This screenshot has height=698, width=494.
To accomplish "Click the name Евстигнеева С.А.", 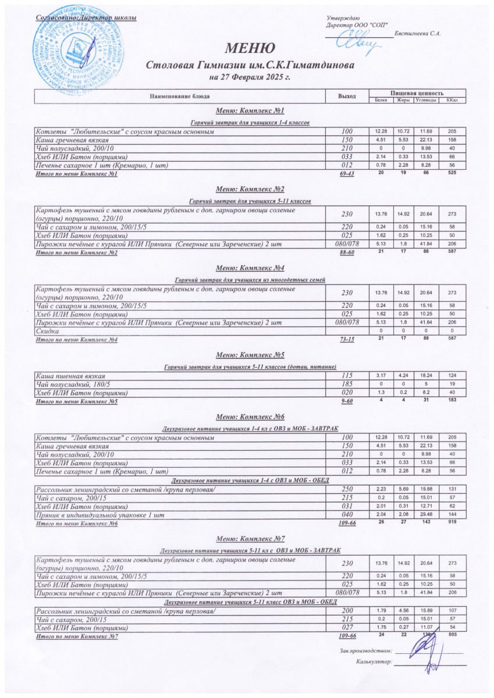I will [417, 33].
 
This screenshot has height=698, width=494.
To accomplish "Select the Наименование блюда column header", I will [180, 96].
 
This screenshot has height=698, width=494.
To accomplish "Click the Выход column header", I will [347, 96].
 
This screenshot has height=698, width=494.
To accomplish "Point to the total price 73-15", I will [347, 340].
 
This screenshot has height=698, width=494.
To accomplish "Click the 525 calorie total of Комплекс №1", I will [451, 174].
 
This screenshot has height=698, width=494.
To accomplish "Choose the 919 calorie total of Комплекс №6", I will [451, 523].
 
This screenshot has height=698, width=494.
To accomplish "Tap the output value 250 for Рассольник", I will [347, 490].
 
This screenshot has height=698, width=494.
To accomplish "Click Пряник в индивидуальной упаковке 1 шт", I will [100, 515].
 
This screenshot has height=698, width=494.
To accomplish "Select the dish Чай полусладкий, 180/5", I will [74, 385].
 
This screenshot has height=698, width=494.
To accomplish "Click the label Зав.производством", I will [366, 650].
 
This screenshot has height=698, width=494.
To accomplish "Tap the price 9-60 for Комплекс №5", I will [347, 401].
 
